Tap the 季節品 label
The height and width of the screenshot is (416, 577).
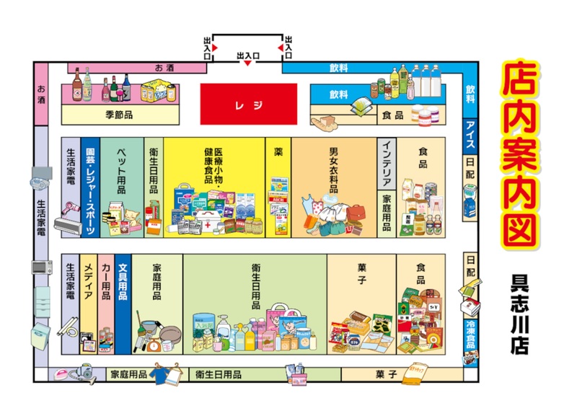click(x=119, y=114)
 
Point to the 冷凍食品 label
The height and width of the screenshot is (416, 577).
click(x=470, y=330)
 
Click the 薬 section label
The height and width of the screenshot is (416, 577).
click(x=278, y=152)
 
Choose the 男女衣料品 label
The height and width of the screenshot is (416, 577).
click(x=333, y=170)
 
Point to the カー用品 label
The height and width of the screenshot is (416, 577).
click(x=105, y=281)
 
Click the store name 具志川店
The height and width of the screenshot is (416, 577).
click(x=518, y=314)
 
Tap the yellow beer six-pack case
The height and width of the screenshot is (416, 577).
click(x=158, y=91)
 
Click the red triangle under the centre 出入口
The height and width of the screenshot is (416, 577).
click(x=247, y=63)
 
